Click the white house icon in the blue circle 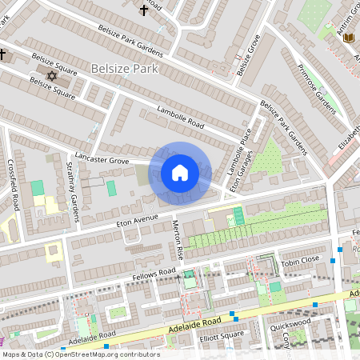tap(180, 173)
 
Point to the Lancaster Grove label tap(102, 157)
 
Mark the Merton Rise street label tap(180, 241)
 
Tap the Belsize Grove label tap(249, 57)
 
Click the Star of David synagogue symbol tap(53, 75)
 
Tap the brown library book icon tap(347, 37)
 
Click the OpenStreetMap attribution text tap(80, 354)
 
